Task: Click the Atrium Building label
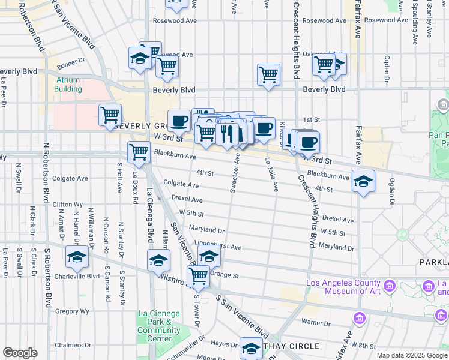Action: pos(68,84)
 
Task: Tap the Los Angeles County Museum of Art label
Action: pos(343,287)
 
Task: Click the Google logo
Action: pos(20,353)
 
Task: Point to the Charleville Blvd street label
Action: pos(75,277)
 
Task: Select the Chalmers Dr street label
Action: pos(68,345)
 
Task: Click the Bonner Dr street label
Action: pos(68,65)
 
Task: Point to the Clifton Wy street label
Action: pos(67,204)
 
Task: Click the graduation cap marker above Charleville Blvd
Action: pos(77,257)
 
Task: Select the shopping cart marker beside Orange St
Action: pos(198,277)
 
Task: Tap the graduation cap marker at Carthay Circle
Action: pos(251,349)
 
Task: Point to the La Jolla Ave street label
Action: pos(272,179)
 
